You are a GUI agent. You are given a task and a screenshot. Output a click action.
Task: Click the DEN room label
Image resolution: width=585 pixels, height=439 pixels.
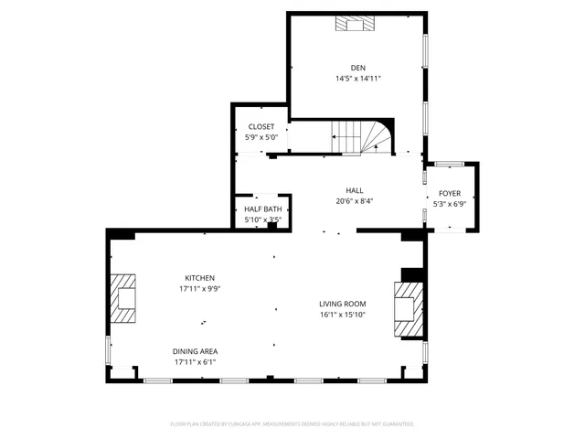(357, 67)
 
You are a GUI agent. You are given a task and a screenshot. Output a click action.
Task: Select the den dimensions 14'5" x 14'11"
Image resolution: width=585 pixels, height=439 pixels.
(357, 79)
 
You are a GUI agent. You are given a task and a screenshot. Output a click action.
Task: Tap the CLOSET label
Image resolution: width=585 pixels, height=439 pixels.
(261, 126)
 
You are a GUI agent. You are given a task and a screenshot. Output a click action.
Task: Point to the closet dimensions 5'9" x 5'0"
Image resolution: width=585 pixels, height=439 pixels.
(261, 137)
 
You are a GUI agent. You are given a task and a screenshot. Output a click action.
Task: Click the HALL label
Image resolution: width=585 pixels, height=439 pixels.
(354, 190)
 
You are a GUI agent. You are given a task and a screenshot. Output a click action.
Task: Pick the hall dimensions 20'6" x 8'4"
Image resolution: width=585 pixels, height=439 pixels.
(354, 201)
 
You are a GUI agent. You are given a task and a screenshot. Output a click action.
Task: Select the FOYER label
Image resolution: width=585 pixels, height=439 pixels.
(450, 193)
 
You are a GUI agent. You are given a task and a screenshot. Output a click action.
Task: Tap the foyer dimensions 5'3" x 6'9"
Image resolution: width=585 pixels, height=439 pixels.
(450, 204)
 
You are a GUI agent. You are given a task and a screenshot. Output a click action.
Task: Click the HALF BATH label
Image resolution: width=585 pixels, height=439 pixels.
(262, 209)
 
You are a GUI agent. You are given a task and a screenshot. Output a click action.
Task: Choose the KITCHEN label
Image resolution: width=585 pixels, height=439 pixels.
(200, 278)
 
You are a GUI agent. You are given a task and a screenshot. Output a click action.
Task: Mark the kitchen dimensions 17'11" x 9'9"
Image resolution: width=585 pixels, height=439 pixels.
(200, 289)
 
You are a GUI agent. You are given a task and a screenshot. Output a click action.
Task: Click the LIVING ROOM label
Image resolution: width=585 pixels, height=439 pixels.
(342, 304)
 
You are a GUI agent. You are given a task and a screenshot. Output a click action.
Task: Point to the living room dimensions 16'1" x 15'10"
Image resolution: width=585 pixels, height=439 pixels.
(342, 315)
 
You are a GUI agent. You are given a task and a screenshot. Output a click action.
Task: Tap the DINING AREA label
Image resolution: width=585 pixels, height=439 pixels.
(196, 351)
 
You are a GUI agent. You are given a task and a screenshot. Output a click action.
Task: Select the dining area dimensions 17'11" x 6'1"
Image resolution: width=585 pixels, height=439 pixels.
(196, 362)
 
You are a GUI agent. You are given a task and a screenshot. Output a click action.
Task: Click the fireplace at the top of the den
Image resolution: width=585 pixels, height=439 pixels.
(355, 24)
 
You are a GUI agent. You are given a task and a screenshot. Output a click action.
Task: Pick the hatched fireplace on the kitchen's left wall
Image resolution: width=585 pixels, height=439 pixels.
(125, 299)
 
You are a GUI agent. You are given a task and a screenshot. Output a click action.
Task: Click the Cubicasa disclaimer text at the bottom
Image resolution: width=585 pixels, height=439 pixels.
(292, 424)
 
